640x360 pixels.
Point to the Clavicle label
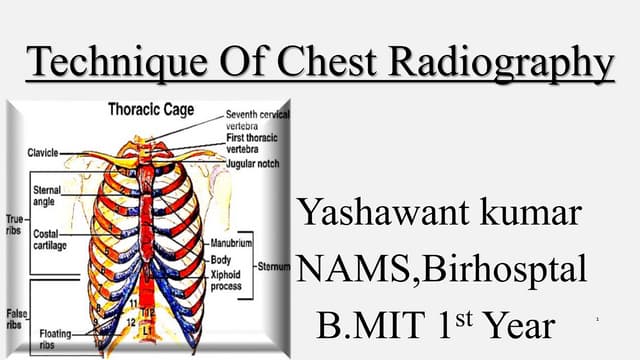(x=44, y=152)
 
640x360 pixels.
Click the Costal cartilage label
(x=50, y=241)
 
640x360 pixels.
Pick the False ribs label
(x=16, y=318)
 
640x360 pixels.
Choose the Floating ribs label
(x=54, y=336)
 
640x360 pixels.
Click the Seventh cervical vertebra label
(x=258, y=118)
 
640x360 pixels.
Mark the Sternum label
(x=274, y=268)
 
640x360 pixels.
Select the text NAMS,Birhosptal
(x=442, y=269)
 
